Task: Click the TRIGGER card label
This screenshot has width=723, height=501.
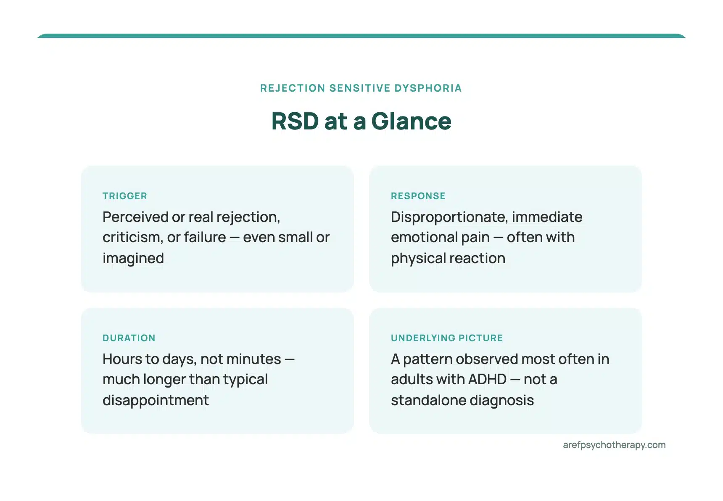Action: [x=125, y=196]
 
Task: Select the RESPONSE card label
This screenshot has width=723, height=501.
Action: [x=418, y=196]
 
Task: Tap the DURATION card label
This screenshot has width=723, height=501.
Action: [x=129, y=338]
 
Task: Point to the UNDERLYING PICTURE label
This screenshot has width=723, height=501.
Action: [x=447, y=338]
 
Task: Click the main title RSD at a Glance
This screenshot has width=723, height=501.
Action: [x=361, y=121]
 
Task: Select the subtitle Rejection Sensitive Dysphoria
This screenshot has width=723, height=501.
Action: [x=361, y=88]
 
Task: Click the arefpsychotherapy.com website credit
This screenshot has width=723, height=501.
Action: [x=614, y=445]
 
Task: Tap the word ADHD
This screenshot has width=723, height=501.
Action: [x=487, y=380]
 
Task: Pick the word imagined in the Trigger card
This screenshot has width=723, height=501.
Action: [x=133, y=258]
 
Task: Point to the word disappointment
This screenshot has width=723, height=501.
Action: [x=156, y=401]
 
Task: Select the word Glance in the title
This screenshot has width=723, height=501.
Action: [x=411, y=121]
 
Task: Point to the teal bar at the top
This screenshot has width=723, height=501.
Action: [x=361, y=36]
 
